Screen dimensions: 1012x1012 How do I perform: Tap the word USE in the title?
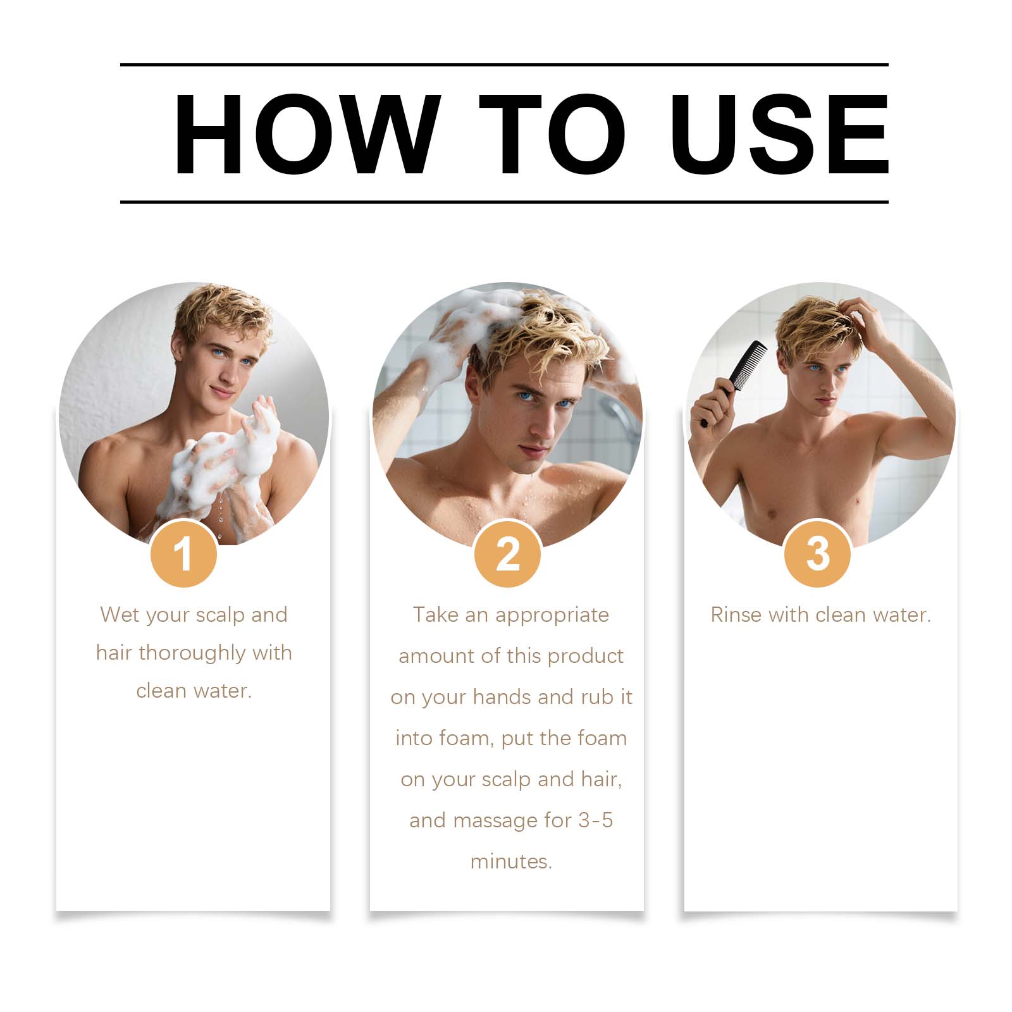tap(781, 133)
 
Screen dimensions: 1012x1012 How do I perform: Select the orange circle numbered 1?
tap(183, 554)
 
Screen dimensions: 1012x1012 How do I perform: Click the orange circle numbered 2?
tap(507, 554)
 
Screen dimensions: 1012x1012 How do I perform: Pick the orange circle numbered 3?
tap(818, 554)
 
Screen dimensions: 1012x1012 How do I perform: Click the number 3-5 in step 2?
tap(596, 820)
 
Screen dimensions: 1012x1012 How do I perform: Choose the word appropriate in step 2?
tap(552, 615)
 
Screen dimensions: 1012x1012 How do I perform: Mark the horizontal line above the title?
tap(504, 65)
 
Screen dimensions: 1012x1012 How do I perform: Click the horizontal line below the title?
tap(504, 202)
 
